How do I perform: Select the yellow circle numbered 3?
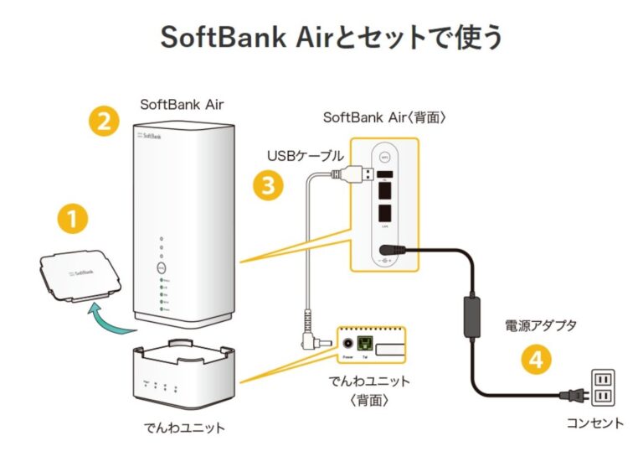click(267, 185)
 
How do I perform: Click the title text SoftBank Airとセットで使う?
click(321, 38)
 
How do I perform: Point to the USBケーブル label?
click(305, 156)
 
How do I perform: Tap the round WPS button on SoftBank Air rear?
click(386, 156)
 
